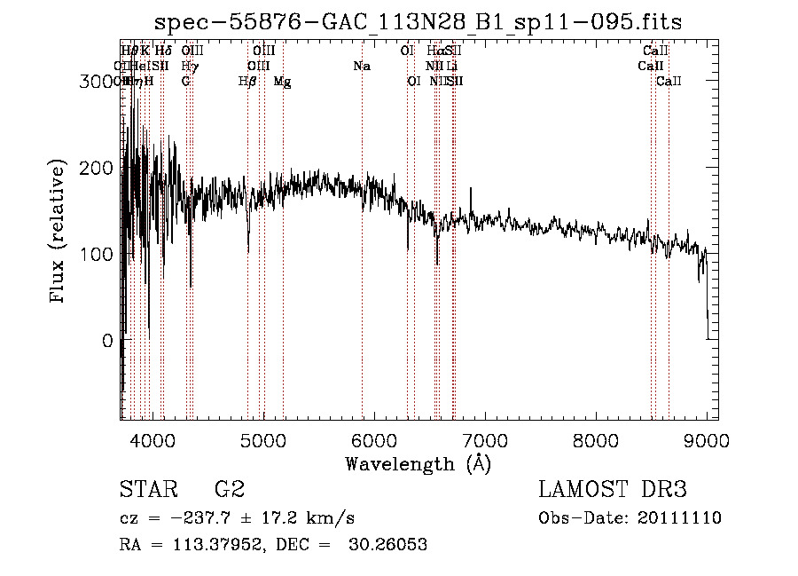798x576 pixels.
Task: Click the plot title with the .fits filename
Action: (418, 22)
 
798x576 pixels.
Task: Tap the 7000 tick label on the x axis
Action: (484, 439)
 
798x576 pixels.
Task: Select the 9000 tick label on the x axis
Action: (707, 439)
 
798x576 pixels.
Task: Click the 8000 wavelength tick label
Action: (596, 439)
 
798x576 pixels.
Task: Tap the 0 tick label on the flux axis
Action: (106, 341)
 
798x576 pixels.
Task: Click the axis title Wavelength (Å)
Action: (418, 463)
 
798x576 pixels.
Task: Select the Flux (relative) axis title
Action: (59, 233)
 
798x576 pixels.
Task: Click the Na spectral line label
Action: (361, 67)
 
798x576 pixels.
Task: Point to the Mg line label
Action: (282, 82)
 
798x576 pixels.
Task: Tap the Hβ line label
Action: (247, 82)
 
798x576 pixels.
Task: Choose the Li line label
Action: (451, 67)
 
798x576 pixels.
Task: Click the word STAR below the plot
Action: (147, 490)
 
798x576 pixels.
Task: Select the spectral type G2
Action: (230, 490)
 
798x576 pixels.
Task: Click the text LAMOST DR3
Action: (612, 490)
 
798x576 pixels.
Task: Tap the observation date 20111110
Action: (682, 518)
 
